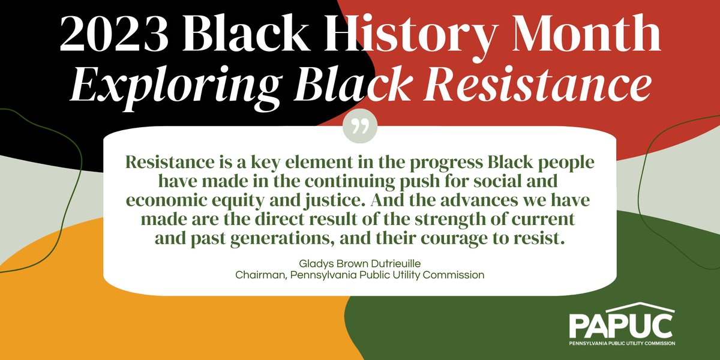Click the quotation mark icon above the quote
tap(360, 128)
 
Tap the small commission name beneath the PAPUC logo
tap(622, 344)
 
